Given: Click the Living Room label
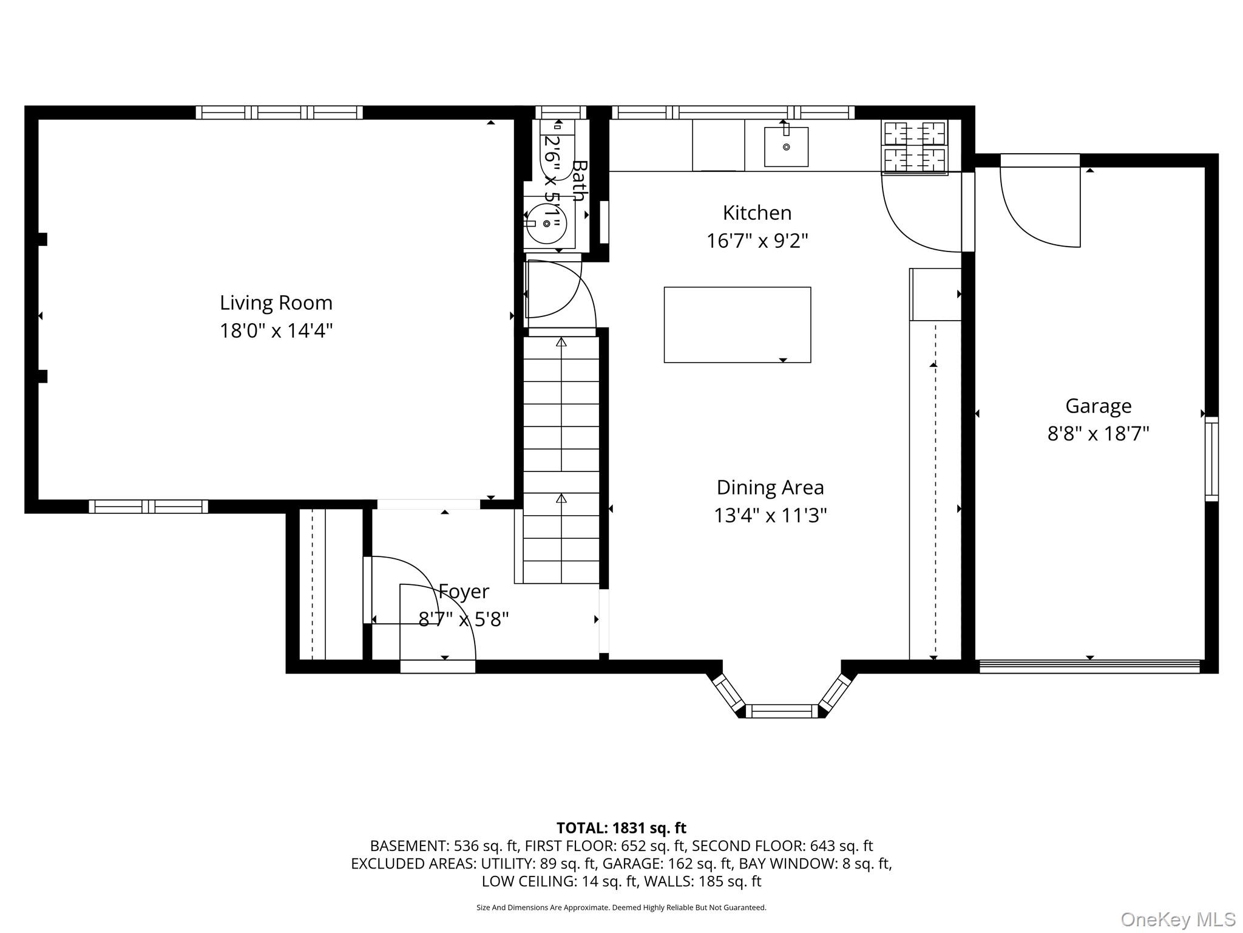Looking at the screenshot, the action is tap(276, 302).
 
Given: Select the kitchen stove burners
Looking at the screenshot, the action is tap(915, 148).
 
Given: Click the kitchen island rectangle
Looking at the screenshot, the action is tap(737, 325).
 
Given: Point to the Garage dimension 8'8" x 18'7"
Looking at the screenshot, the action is tap(1099, 434).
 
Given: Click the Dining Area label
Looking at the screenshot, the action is tap(770, 487).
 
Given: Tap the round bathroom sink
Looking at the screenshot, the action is tap(546, 224).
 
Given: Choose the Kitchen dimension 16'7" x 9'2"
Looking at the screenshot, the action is tap(757, 241).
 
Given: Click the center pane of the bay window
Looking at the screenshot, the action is tap(782, 711).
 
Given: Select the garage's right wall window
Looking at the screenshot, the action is tap(1211, 459).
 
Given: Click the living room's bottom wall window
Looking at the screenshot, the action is tap(149, 507).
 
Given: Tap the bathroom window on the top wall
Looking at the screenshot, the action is tap(561, 112).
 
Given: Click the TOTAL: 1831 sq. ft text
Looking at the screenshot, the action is tap(621, 828).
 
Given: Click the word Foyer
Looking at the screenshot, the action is tap(464, 591).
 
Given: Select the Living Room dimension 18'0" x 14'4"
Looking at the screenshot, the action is tap(276, 330).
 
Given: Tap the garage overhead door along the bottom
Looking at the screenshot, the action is tap(1090, 666).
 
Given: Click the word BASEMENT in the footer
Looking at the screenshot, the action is tap(408, 846).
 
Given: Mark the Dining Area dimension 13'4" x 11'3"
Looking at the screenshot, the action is tap(770, 515).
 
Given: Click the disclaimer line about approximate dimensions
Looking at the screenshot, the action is tap(621, 907).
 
